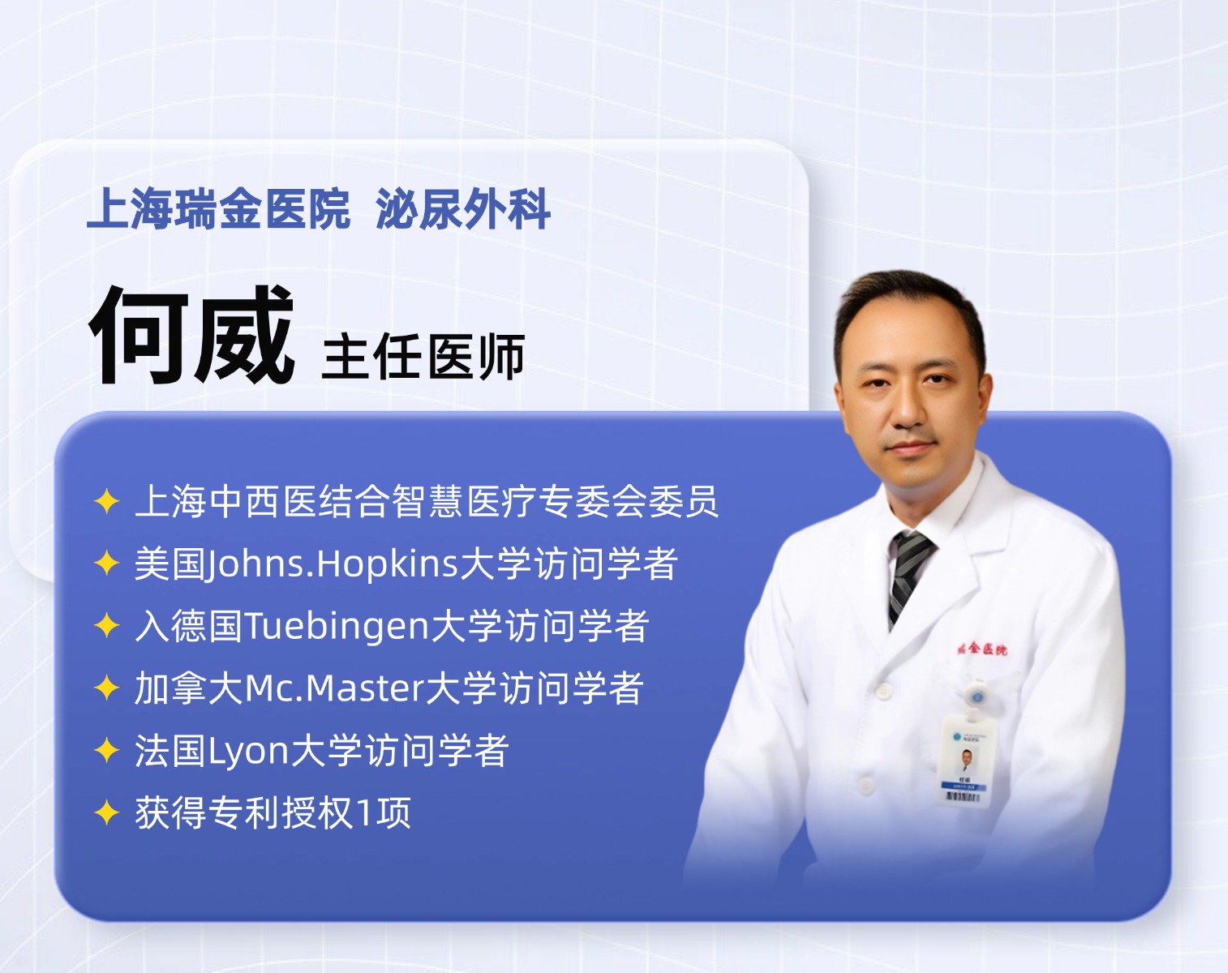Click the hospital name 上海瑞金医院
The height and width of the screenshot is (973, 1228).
pyautogui.click(x=218, y=209)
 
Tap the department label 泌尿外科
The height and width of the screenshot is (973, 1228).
pyautogui.click(x=463, y=209)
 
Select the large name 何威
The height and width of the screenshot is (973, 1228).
pyautogui.click(x=191, y=335)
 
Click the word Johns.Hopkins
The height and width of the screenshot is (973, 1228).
pyautogui.click(x=331, y=564)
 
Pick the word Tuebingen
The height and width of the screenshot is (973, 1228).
pyautogui.click(x=336, y=626)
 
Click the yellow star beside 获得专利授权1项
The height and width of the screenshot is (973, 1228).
pyautogui.click(x=107, y=812)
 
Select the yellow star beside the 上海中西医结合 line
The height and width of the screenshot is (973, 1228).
pyautogui.click(x=107, y=502)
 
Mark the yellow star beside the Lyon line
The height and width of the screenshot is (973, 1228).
pyautogui.click(x=107, y=750)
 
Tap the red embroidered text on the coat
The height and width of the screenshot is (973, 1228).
pyautogui.click(x=982, y=649)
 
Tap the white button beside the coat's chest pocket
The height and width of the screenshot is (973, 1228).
pyautogui.click(x=882, y=692)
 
